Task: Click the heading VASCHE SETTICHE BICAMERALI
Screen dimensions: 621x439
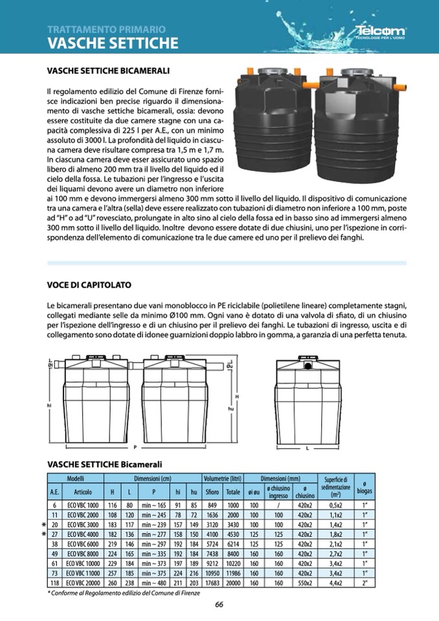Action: point(109,70)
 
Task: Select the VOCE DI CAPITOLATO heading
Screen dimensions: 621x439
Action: point(89,284)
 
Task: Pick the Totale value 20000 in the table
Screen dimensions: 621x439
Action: point(233,583)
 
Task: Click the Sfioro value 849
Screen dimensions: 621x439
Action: point(212,504)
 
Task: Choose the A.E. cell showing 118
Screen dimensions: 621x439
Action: point(55,583)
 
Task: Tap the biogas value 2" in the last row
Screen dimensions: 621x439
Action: point(365,583)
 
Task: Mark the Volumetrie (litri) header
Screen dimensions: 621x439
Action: point(222,478)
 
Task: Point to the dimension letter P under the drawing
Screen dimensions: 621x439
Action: point(135,447)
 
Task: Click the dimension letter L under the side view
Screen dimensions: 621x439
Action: point(307,448)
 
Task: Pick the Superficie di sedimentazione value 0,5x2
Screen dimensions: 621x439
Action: point(335,504)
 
